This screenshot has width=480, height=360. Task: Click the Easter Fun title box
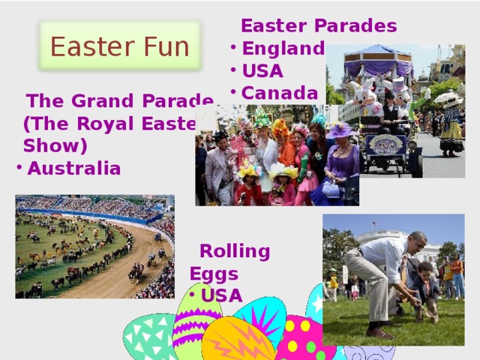(119, 46)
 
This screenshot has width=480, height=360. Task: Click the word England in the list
(283, 49)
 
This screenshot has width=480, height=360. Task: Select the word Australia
(73, 168)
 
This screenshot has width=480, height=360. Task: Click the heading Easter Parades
(318, 26)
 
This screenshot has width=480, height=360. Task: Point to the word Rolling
(235, 251)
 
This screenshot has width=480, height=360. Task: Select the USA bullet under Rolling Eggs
(222, 295)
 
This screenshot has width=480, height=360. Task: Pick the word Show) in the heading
(55, 145)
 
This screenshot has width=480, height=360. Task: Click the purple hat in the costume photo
(340, 130)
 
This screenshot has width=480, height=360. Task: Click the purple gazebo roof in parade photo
(379, 58)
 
